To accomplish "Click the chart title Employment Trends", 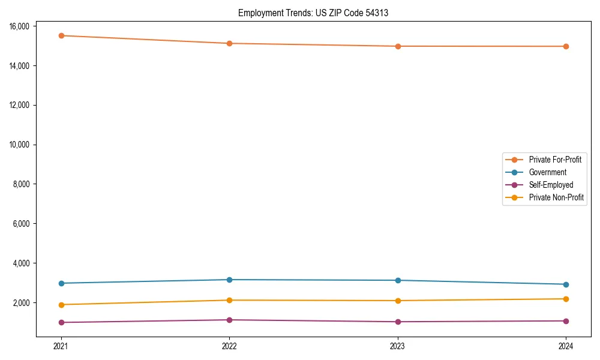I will click(x=313, y=13).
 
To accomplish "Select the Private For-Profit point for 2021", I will click(x=61, y=35).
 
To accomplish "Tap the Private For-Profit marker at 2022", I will click(x=229, y=43).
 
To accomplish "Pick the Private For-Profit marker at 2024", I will click(x=566, y=46).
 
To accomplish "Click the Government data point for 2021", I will click(x=61, y=283).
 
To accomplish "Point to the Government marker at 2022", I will click(x=229, y=280).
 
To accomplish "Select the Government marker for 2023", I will click(x=398, y=280).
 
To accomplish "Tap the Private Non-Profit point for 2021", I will click(x=61, y=305).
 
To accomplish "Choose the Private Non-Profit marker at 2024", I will click(x=566, y=299).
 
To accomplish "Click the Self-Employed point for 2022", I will click(x=229, y=320).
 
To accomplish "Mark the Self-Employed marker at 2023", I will click(x=398, y=322).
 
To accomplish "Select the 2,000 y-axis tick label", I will click(x=22, y=303).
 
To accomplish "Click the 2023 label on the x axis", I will click(x=398, y=346).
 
